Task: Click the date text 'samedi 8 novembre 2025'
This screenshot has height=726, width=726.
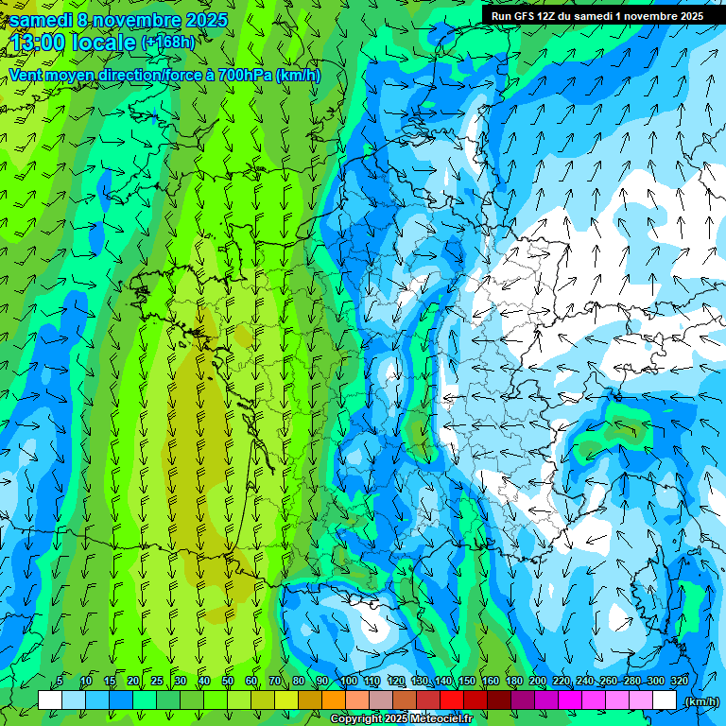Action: (x=118, y=20)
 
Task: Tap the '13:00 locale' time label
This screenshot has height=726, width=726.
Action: (x=74, y=43)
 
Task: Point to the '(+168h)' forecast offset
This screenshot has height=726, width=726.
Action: (x=168, y=43)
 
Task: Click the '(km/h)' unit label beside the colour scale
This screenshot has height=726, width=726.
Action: (x=701, y=700)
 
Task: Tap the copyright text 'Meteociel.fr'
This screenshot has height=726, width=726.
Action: (x=441, y=719)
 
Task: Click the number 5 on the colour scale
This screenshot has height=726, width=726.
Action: (x=60, y=681)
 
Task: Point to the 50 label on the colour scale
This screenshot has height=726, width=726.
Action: (x=228, y=681)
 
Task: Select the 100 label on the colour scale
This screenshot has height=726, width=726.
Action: (x=348, y=681)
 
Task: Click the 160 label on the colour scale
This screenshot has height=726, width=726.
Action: (x=491, y=681)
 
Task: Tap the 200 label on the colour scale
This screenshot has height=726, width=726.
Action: (x=538, y=681)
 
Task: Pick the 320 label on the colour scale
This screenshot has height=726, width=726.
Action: (x=679, y=681)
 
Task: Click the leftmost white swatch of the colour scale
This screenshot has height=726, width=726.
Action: (x=50, y=700)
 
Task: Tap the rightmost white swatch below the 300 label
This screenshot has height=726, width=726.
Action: (x=665, y=700)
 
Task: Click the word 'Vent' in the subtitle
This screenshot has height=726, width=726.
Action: (x=26, y=76)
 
